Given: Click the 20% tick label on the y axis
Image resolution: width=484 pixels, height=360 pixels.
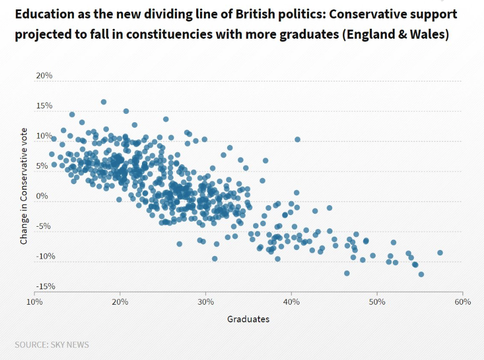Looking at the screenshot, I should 44,75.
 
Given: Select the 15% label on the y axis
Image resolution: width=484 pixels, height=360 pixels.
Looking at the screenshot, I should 44,105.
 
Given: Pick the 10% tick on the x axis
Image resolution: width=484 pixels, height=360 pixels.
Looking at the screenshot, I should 34,302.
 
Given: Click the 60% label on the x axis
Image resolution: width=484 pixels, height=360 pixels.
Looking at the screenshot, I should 462,302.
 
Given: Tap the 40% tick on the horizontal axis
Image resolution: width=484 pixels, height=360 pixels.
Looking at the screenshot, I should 291,302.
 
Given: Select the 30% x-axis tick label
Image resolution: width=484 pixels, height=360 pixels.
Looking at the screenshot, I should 206,302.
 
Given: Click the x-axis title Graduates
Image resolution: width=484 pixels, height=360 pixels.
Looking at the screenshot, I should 248,319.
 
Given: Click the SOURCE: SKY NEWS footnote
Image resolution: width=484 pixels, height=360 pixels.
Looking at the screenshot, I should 52,345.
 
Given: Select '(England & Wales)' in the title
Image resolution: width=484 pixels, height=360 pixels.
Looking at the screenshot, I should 395,34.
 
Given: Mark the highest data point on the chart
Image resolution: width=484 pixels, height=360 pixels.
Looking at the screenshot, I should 103,102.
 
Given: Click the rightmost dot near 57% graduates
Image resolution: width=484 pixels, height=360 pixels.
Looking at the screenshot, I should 440,253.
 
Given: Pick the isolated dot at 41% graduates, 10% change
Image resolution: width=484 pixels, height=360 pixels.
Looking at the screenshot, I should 297,139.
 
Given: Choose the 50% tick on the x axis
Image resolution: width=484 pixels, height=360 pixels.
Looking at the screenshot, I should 377,302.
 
